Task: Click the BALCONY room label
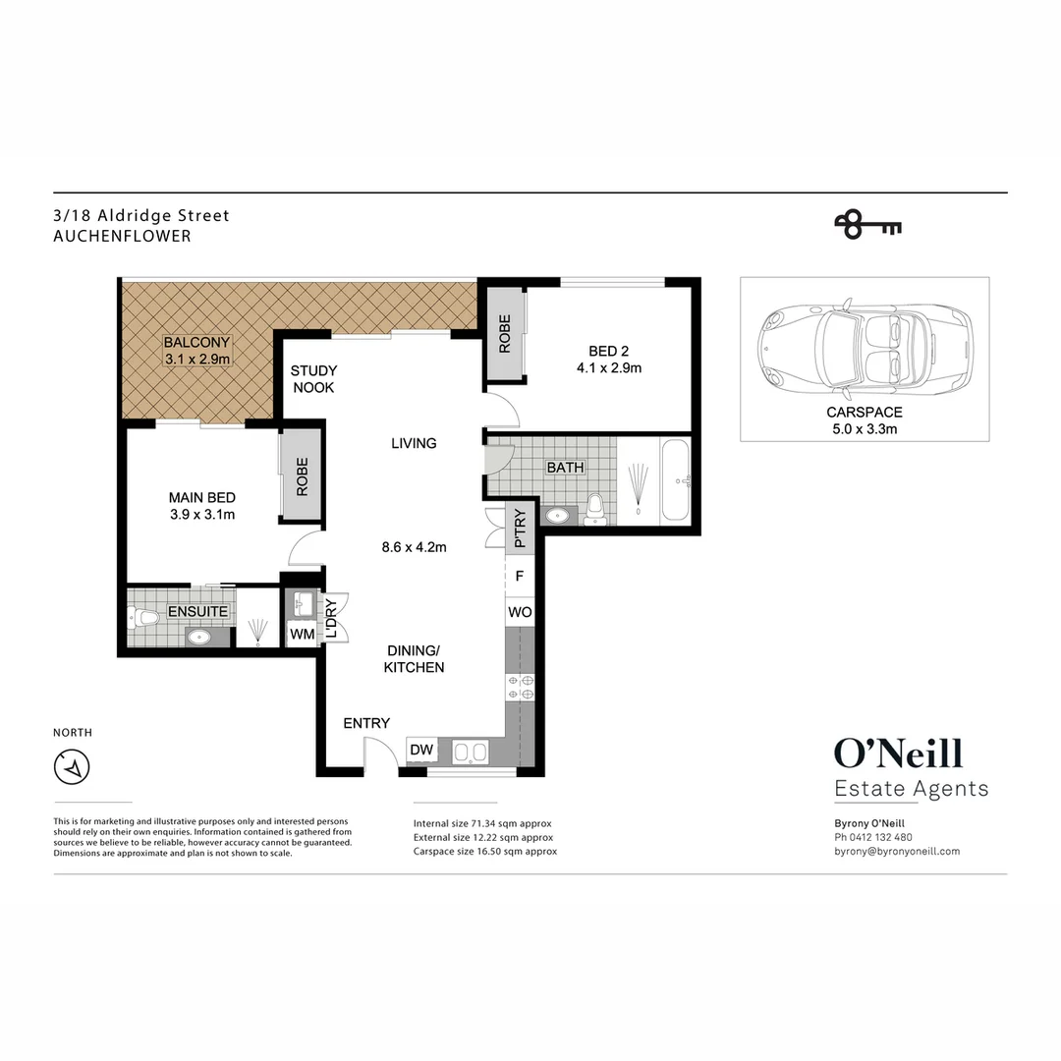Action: (196, 343)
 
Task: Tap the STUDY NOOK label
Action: (313, 379)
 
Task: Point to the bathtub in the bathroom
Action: (676, 480)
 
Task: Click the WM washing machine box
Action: (302, 635)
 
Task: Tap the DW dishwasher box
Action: (421, 750)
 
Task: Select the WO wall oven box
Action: (520, 612)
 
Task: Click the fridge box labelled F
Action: (520, 577)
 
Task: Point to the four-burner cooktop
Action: (519, 687)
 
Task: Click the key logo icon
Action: (867, 226)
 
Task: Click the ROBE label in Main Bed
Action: (302, 476)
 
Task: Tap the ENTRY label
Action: (366, 723)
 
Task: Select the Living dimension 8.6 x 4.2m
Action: (414, 547)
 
